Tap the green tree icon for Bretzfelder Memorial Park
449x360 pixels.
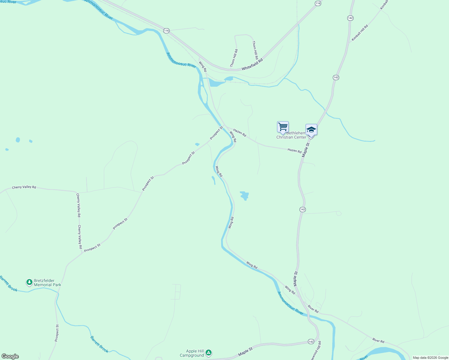pyautogui.click(x=29, y=282)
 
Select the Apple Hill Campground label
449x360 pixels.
pyautogui.click(x=192, y=353)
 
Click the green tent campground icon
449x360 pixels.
pyautogui.click(x=209, y=353)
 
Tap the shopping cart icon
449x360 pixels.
pyautogui.click(x=283, y=127)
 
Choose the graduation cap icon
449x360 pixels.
pyautogui.click(x=311, y=130)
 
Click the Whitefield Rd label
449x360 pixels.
pyautogui.click(x=252, y=64)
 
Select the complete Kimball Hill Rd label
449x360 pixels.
pyautogui.click(x=360, y=33)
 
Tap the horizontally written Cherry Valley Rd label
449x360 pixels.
pyautogui.click(x=24, y=187)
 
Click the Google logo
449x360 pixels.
pyautogui.click(x=10, y=356)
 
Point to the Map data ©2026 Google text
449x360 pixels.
pyautogui.click(x=430, y=358)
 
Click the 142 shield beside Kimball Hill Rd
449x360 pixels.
pyautogui.click(x=350, y=18)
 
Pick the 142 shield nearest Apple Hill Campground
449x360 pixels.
pyautogui.click(x=311, y=342)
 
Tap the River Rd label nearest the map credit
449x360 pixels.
pyautogui.click(x=378, y=340)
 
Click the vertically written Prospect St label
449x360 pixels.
pyautogui.click(x=57, y=333)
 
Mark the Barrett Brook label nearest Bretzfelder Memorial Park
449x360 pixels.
pyautogui.click(x=8, y=283)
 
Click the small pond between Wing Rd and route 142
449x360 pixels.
pyautogui.click(x=244, y=196)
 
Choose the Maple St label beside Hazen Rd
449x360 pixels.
pyautogui.click(x=306, y=150)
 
